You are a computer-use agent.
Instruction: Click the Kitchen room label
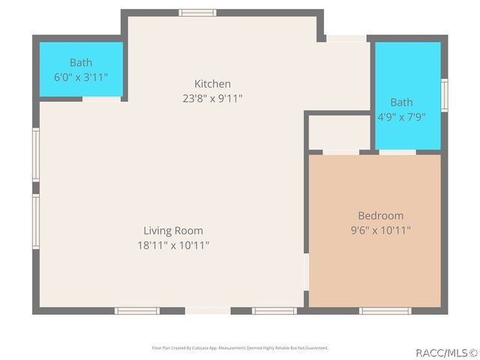coord(212,84)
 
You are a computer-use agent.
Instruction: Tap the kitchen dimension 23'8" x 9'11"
coord(212,98)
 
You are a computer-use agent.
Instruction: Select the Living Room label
coord(173,231)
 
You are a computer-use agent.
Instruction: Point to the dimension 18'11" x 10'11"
coord(173,245)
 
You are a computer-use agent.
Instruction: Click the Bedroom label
coord(380,216)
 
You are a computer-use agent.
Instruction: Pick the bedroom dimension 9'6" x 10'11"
coord(380,230)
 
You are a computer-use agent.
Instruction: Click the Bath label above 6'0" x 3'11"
coord(81,63)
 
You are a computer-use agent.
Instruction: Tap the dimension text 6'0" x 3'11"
coord(81,76)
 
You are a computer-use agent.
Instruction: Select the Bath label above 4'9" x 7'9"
coord(401,103)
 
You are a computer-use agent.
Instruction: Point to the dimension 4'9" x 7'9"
coord(401,116)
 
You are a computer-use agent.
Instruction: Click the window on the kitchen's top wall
coord(198,13)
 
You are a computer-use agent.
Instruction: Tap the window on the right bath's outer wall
coord(444,95)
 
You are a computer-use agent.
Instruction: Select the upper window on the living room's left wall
coord(35,154)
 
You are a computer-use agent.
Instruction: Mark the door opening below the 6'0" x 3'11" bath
coord(101,98)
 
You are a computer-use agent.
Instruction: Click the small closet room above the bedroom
coord(340,133)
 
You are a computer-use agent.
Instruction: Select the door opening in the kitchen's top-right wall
coord(346,38)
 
